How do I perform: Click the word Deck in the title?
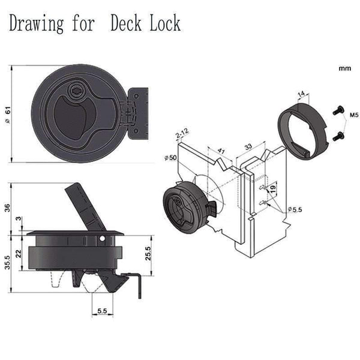coord(127,24)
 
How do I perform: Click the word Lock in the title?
coord(163,24)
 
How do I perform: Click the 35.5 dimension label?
coord(7,262)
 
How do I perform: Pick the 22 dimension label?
coord(19,254)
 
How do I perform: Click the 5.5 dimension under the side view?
coord(101,311)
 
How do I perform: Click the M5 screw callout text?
coord(353,113)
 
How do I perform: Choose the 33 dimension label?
coord(247,146)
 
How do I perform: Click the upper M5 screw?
coord(338,110)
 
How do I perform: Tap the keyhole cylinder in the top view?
coord(77,91)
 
